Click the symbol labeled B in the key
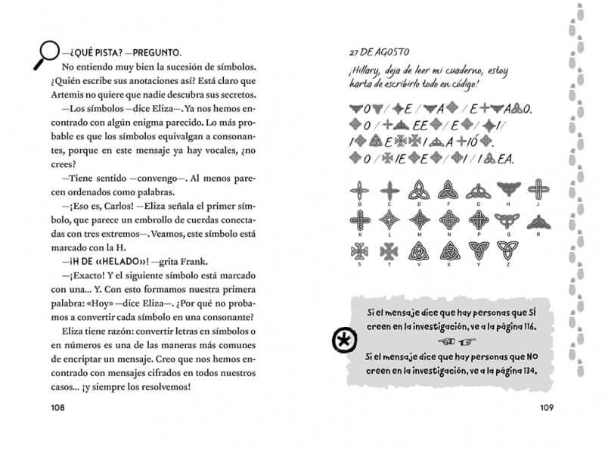pos(358,190)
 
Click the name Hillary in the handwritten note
pos(365,72)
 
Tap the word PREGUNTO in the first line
pos(153,53)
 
